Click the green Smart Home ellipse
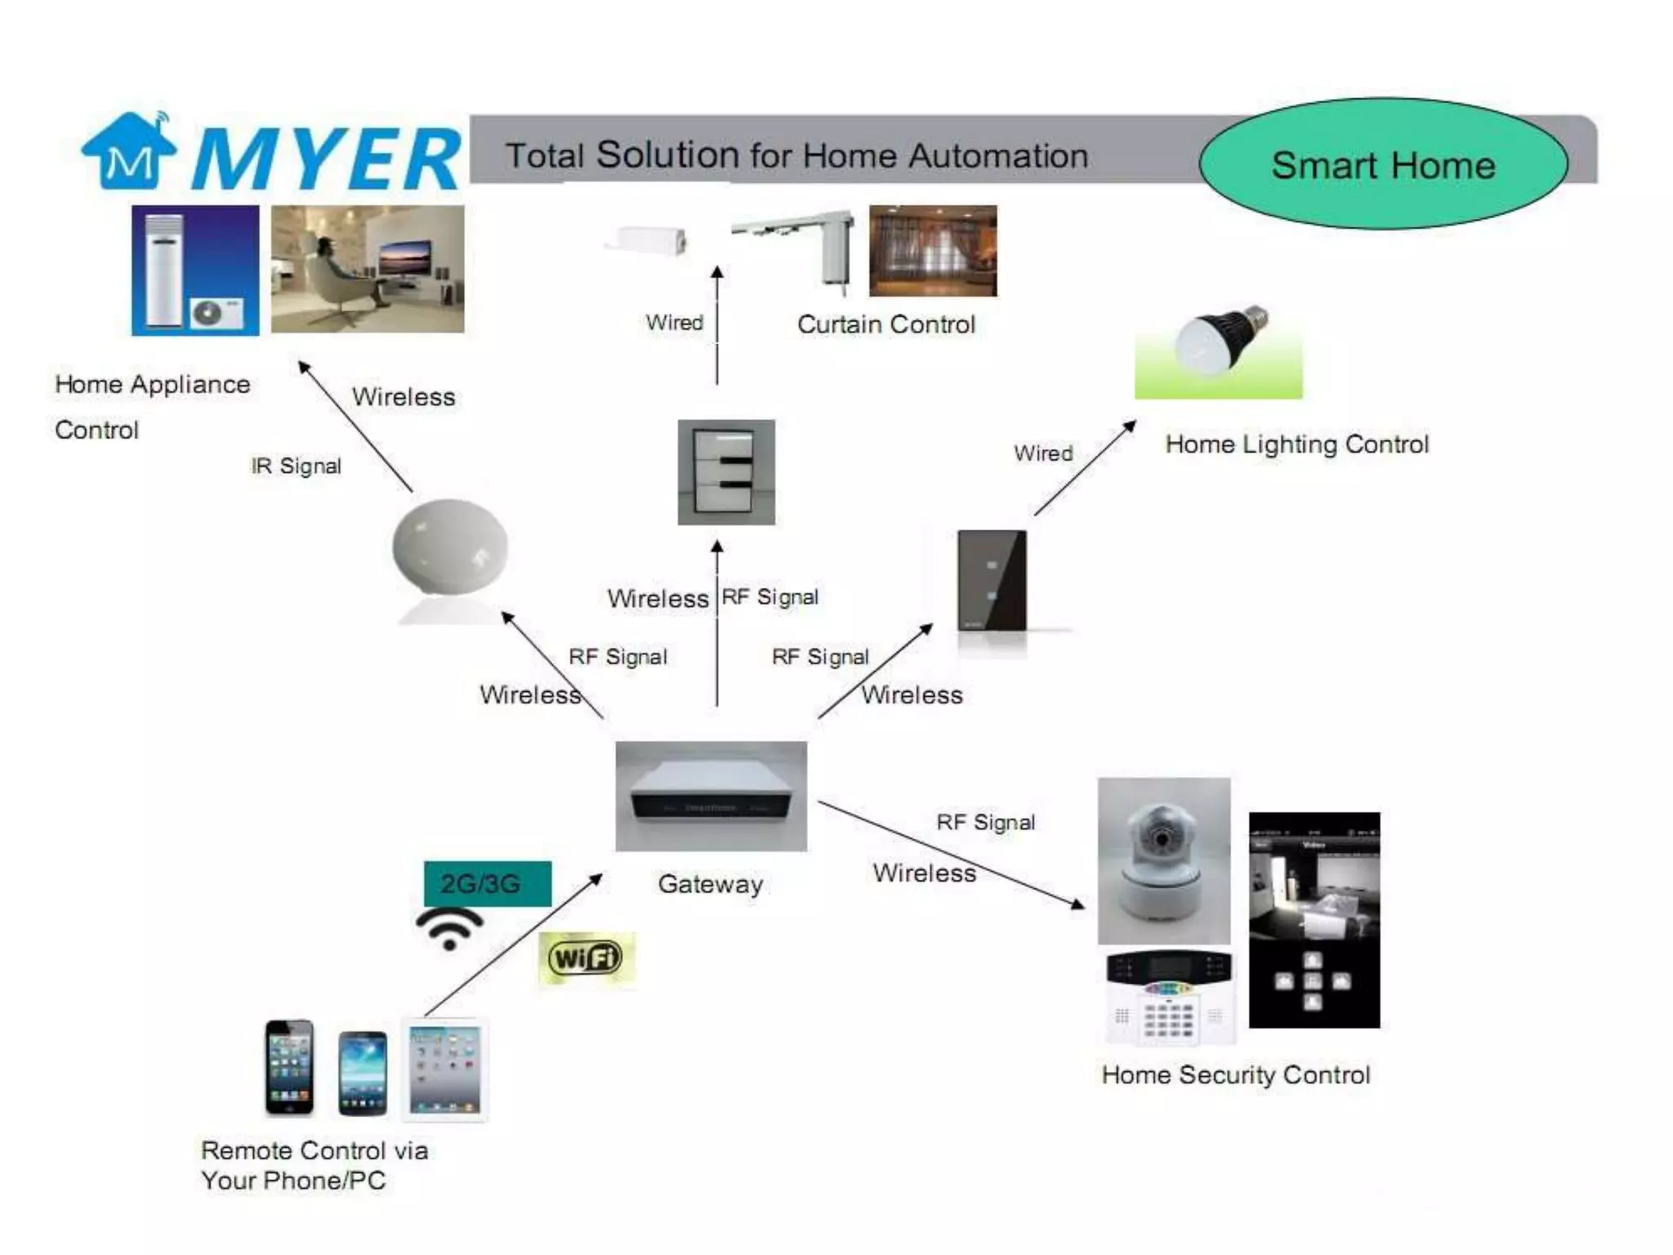1383,163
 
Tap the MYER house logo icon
128,151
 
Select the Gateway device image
711,796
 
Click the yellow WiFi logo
586,958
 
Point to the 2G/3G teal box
488,883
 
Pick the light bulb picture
1218,351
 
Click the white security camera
1164,860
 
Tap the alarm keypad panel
1170,998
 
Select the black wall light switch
992,580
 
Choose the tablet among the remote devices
444,1070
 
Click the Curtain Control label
886,324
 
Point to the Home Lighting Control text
1297,444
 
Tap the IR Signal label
296,466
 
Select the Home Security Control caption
1236,1074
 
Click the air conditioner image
195,270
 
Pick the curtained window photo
933,251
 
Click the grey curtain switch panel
726,472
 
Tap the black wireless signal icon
449,929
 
